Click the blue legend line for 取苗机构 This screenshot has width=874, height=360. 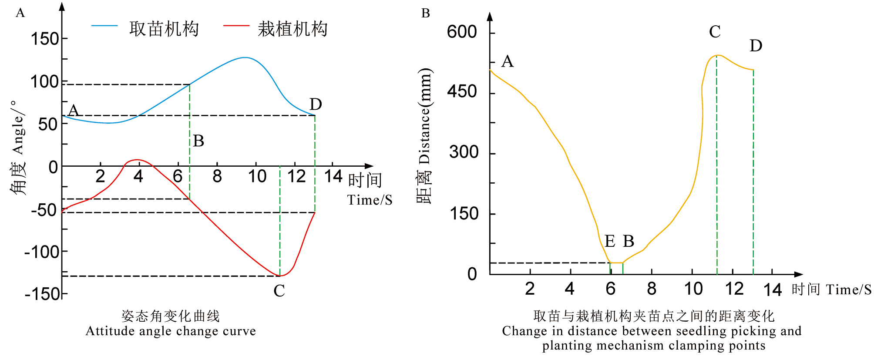click(x=104, y=26)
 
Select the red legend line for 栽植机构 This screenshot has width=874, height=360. click(x=236, y=26)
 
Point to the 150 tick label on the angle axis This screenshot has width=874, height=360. click(x=45, y=39)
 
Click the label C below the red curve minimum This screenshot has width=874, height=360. click(x=279, y=291)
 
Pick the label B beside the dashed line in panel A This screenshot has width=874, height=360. click(x=198, y=141)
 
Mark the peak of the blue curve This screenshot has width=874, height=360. click(x=245, y=57)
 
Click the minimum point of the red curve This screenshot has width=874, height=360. click(x=280, y=276)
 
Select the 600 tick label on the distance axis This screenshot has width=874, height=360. click(x=462, y=32)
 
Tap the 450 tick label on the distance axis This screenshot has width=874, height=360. click(x=462, y=92)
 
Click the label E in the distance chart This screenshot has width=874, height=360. click(x=609, y=241)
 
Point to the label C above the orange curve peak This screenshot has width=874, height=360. click(x=715, y=32)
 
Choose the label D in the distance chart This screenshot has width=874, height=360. click(x=756, y=46)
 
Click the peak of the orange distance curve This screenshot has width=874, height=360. click(x=717, y=55)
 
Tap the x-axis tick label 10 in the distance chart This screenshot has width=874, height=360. click(x=693, y=289)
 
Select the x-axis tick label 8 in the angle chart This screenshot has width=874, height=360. click(x=217, y=176)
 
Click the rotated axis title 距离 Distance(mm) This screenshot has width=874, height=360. click(x=424, y=136)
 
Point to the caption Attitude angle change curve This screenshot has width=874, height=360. click(x=171, y=331)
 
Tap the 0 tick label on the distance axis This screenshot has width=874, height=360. click(x=472, y=274)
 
